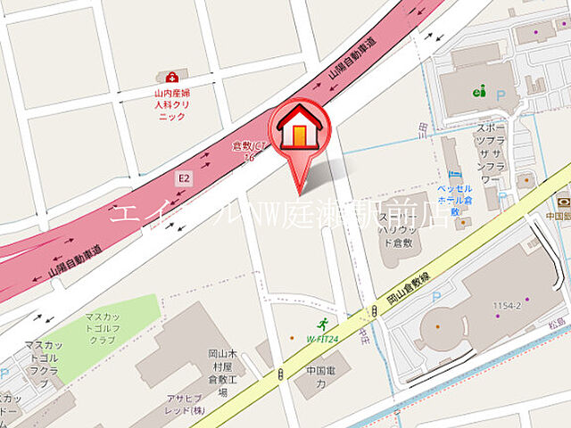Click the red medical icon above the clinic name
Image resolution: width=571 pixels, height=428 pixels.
(171, 77)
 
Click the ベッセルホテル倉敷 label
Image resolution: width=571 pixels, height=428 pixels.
(455, 201)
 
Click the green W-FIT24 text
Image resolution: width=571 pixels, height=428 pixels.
(323, 339)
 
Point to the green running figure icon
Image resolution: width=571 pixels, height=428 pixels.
(323, 324)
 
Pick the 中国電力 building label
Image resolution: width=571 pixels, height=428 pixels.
(314, 377)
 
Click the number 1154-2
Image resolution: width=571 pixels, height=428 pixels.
(509, 305)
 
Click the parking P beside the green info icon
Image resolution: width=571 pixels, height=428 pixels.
(501, 92)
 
